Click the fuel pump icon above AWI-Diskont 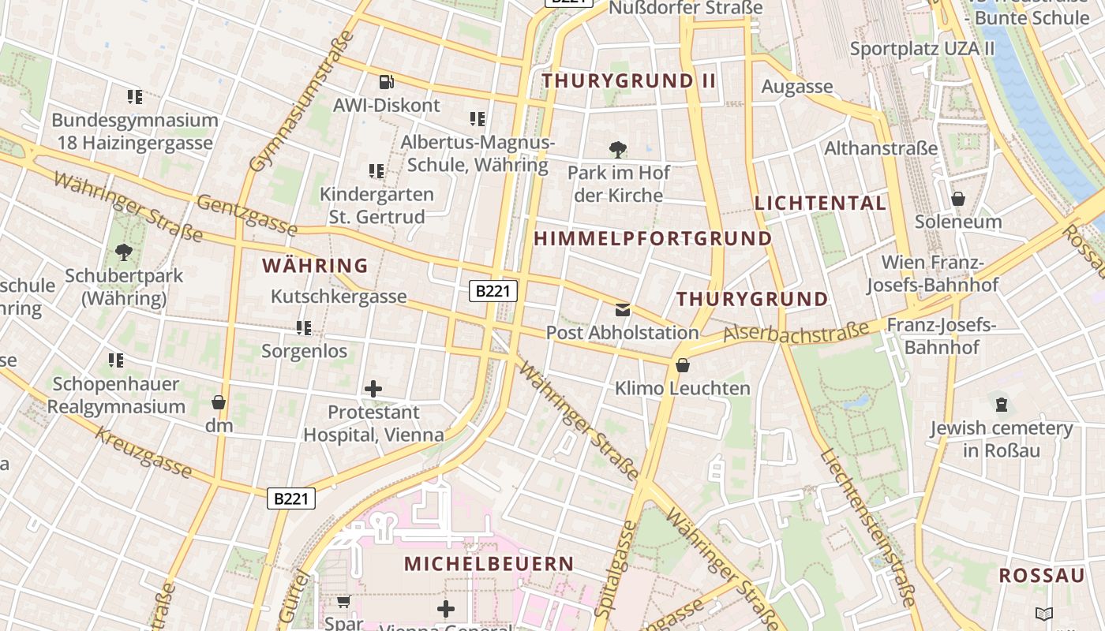[x=386, y=81]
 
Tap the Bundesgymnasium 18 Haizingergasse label [x=135, y=132]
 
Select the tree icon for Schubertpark [x=123, y=252]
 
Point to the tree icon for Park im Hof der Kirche [x=618, y=148]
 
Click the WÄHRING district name [x=316, y=266]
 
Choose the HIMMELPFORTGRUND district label [x=653, y=238]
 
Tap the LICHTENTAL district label [x=820, y=203]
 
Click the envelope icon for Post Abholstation [x=623, y=309]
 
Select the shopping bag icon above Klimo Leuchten [x=682, y=365]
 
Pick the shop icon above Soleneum [x=957, y=199]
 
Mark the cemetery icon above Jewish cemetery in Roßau [x=1001, y=405]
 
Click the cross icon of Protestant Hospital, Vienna [x=373, y=388]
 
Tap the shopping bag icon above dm [x=219, y=402]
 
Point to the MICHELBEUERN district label [x=489, y=564]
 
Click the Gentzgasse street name [x=246, y=215]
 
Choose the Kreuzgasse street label [x=144, y=452]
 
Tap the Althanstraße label [x=881, y=148]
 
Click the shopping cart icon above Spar [x=343, y=602]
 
